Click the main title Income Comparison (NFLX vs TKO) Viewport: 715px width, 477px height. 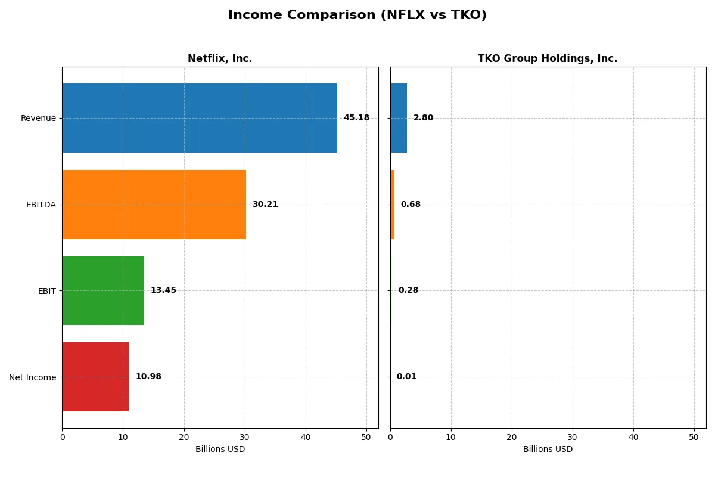pyautogui.click(x=357, y=16)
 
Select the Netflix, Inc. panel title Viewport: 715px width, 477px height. pyautogui.click(x=220, y=58)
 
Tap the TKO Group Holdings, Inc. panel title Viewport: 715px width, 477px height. pyautogui.click(x=547, y=58)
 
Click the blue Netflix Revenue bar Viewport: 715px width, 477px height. pyautogui.click(x=200, y=118)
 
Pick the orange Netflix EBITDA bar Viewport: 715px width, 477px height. pyautogui.click(x=154, y=205)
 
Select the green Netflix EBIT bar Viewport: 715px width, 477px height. pyautogui.click(x=103, y=290)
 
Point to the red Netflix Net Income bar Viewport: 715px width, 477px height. pyautogui.click(x=95, y=377)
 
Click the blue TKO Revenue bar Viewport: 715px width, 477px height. pyautogui.click(x=399, y=118)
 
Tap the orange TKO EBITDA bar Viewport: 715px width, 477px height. pyautogui.click(x=392, y=205)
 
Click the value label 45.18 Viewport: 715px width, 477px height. pyautogui.click(x=356, y=118)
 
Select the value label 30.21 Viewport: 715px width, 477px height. pyautogui.click(x=265, y=205)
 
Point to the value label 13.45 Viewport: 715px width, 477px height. pyautogui.click(x=163, y=290)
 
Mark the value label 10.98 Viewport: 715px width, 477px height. pyautogui.click(x=148, y=377)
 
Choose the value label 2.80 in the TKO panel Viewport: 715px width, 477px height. pyautogui.click(x=423, y=118)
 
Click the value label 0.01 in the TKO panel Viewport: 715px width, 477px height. pyautogui.click(x=406, y=377)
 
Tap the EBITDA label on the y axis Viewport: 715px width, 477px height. pyautogui.click(x=41, y=205)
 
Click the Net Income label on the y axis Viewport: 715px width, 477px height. pyautogui.click(x=33, y=377)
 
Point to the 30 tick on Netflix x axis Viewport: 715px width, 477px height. pyautogui.click(x=245, y=437)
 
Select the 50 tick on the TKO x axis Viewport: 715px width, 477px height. pyautogui.click(x=694, y=437)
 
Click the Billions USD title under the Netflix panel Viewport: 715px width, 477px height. pyautogui.click(x=220, y=450)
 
